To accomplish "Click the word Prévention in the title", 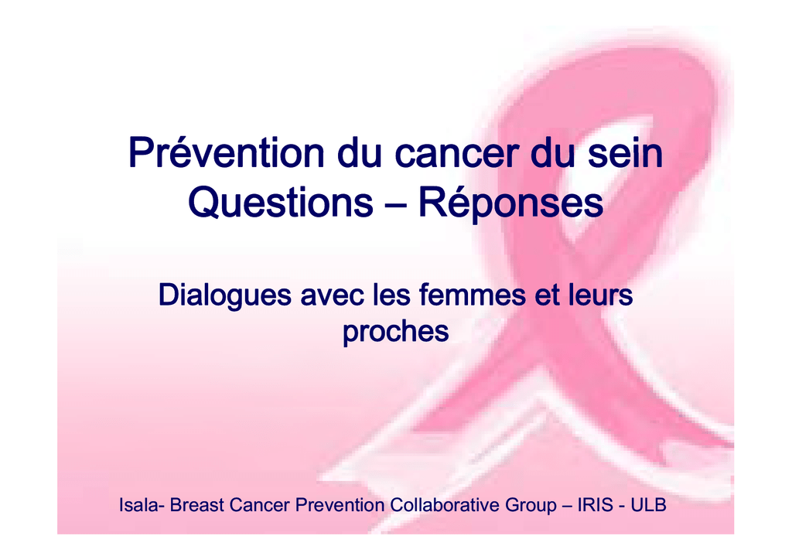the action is (x=226, y=152).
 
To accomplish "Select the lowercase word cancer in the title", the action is (x=456, y=153).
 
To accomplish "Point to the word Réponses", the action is (x=510, y=204).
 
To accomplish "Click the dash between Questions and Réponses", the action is (x=396, y=205).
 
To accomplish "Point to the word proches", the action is (x=396, y=333).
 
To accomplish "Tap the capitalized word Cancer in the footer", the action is (x=260, y=505).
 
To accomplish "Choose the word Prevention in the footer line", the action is (x=340, y=505).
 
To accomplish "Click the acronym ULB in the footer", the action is (x=649, y=505).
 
